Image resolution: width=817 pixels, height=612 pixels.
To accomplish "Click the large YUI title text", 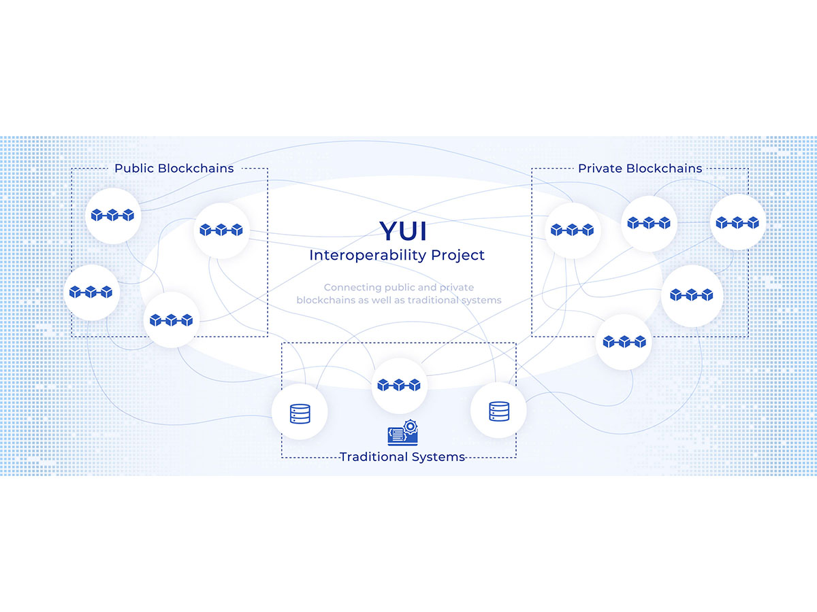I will click(x=403, y=231).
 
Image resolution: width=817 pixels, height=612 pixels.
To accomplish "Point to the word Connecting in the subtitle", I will click(x=349, y=288).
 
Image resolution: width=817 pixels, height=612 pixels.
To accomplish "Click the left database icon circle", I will click(x=300, y=413).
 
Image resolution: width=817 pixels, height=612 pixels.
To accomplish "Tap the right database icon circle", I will click(x=498, y=410).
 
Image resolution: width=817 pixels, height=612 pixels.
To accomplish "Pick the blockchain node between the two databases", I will click(x=399, y=385).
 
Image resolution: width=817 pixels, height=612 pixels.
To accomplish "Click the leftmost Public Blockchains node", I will click(x=92, y=292).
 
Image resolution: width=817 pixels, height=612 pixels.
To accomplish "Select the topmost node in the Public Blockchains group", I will click(x=112, y=216).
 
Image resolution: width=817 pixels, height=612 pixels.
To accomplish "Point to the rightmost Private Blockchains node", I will click(x=738, y=222).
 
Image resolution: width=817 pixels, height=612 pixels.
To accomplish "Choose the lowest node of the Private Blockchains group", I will click(x=624, y=341).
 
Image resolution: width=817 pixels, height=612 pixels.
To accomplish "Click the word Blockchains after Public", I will click(x=196, y=168).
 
